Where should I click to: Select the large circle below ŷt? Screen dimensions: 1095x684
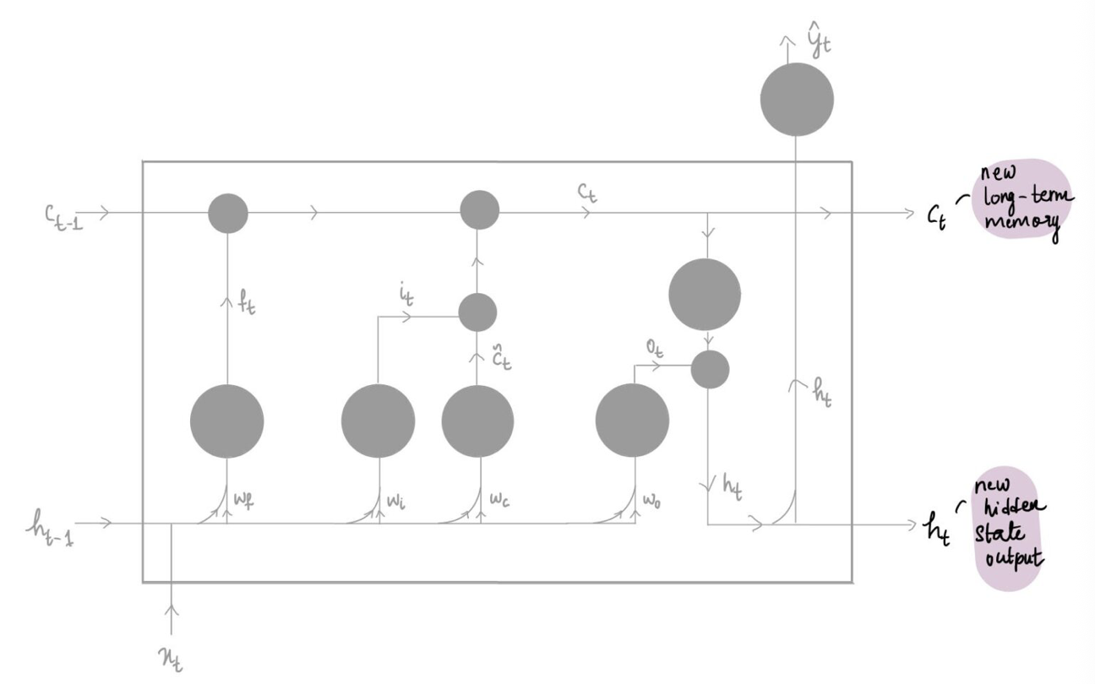(797, 99)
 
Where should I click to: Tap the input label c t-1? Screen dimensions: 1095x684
(63, 217)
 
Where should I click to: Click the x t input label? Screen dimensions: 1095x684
(171, 659)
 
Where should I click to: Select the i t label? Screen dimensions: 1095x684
(406, 296)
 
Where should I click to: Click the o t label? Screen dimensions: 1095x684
(655, 350)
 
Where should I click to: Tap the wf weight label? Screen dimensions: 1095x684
(243, 499)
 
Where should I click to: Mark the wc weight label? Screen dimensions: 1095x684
(499, 499)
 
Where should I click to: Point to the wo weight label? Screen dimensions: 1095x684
(651, 500)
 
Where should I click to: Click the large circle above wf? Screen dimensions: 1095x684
(226, 421)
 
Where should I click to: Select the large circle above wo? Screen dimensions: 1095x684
(632, 421)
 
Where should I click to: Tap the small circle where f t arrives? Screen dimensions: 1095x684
(228, 213)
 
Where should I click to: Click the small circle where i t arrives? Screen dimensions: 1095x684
(477, 312)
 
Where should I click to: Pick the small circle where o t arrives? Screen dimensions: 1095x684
(710, 369)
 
